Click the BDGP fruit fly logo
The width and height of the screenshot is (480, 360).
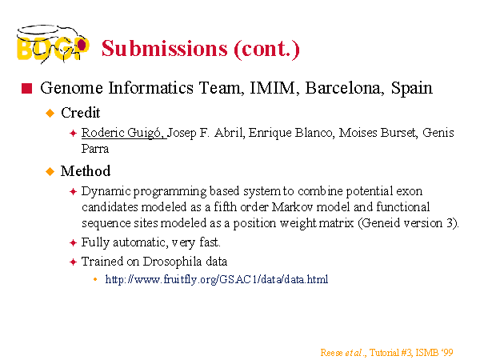click(x=53, y=44)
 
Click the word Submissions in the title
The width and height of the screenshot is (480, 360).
click(x=165, y=49)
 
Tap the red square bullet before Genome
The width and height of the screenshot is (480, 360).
click(x=26, y=88)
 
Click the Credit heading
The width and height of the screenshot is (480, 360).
click(x=81, y=113)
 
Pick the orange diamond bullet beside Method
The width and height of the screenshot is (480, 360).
click(x=50, y=171)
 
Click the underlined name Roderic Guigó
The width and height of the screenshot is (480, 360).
click(x=124, y=133)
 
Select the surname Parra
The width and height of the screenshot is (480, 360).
click(x=95, y=149)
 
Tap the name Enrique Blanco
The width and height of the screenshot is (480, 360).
click(x=290, y=133)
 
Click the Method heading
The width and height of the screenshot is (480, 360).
click(x=86, y=171)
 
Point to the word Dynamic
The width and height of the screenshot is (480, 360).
click(x=106, y=192)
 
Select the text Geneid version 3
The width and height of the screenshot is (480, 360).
click(x=408, y=223)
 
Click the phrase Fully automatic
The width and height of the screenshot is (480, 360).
click(x=124, y=242)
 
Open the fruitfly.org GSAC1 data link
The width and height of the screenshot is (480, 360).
click(x=217, y=279)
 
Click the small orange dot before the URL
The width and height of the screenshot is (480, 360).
click(x=95, y=279)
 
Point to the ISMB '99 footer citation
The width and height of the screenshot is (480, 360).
click(x=386, y=353)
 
